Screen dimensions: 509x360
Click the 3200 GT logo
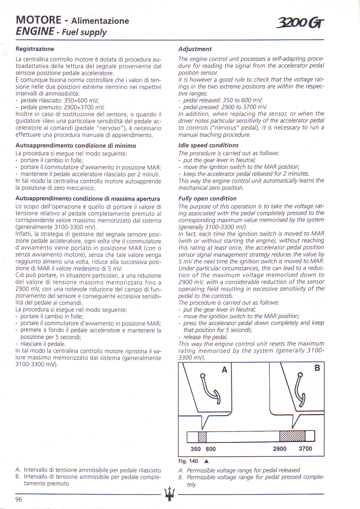tap(301, 23)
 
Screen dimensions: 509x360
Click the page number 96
tap(19, 499)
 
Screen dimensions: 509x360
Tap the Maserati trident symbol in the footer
tap(169, 494)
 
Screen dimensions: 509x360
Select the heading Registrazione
tap(35, 49)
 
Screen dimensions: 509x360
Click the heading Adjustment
tap(195, 49)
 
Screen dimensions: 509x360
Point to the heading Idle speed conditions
tap(208, 145)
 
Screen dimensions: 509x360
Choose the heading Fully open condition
tap(207, 198)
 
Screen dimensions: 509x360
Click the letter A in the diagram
tap(224, 370)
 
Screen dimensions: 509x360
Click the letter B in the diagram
tap(317, 368)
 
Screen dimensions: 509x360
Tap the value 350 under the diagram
tap(196, 449)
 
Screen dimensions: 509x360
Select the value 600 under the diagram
tap(211, 449)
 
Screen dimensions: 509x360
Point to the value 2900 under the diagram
tap(280, 449)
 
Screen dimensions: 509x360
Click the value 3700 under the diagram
tap(305, 449)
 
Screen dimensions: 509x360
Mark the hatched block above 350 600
tap(202, 437)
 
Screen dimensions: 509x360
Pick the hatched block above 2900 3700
tap(292, 436)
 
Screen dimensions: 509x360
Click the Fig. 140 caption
tap(188, 461)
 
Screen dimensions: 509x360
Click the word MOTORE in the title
tap(39, 20)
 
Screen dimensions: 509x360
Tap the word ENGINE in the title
tap(35, 31)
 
